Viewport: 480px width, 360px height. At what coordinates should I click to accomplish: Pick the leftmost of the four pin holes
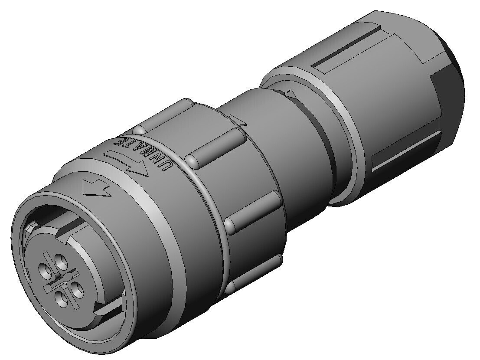(45, 271)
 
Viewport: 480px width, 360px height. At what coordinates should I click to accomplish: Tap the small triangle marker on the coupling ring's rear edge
(238, 120)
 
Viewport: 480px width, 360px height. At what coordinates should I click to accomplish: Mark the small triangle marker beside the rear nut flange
(290, 94)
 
